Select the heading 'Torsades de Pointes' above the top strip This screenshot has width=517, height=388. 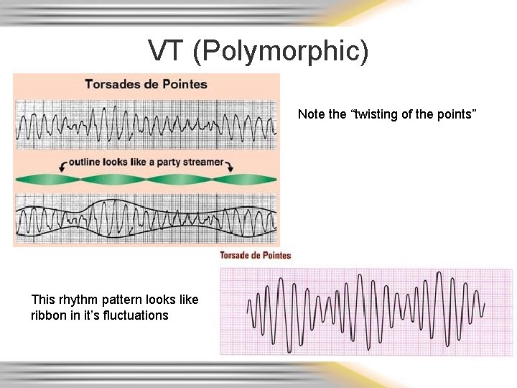pyautogui.click(x=146, y=83)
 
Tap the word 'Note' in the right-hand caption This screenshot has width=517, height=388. pyautogui.click(x=312, y=114)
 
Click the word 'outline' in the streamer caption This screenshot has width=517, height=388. pyautogui.click(x=88, y=162)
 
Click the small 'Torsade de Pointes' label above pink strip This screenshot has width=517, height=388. pyautogui.click(x=255, y=255)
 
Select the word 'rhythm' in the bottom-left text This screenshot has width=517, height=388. pyautogui.click(x=78, y=300)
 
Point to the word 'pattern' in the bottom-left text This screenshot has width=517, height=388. pyautogui.click(x=122, y=300)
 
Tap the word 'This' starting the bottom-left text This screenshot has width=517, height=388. pyautogui.click(x=42, y=300)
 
